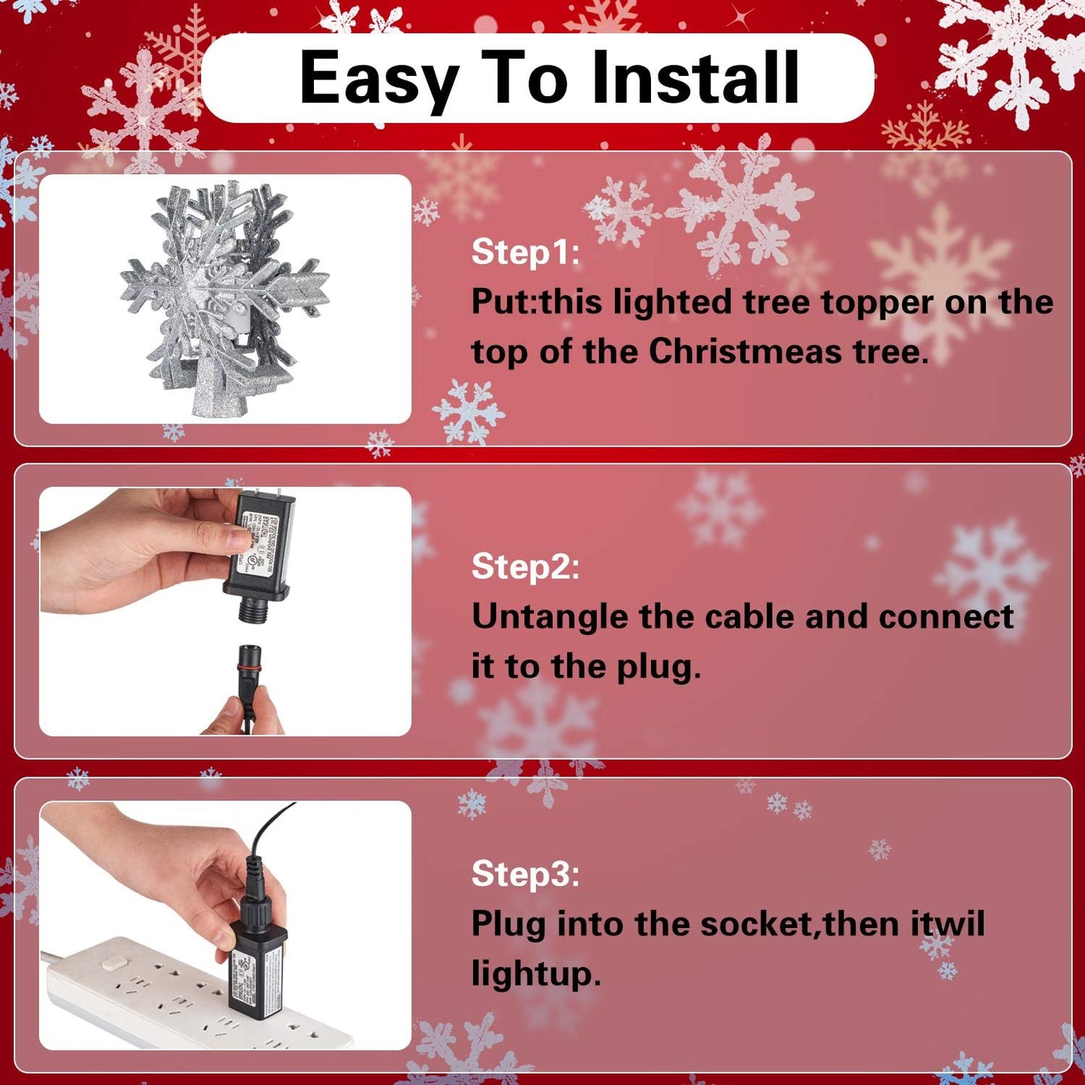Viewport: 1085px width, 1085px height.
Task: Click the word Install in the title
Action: click(x=695, y=77)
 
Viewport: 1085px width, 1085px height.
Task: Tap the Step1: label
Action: click(x=525, y=252)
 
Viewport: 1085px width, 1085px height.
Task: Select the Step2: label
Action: click(x=525, y=567)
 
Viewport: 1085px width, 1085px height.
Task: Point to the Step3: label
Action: click(x=525, y=874)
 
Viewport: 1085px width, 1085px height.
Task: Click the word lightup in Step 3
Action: click(x=535, y=975)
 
